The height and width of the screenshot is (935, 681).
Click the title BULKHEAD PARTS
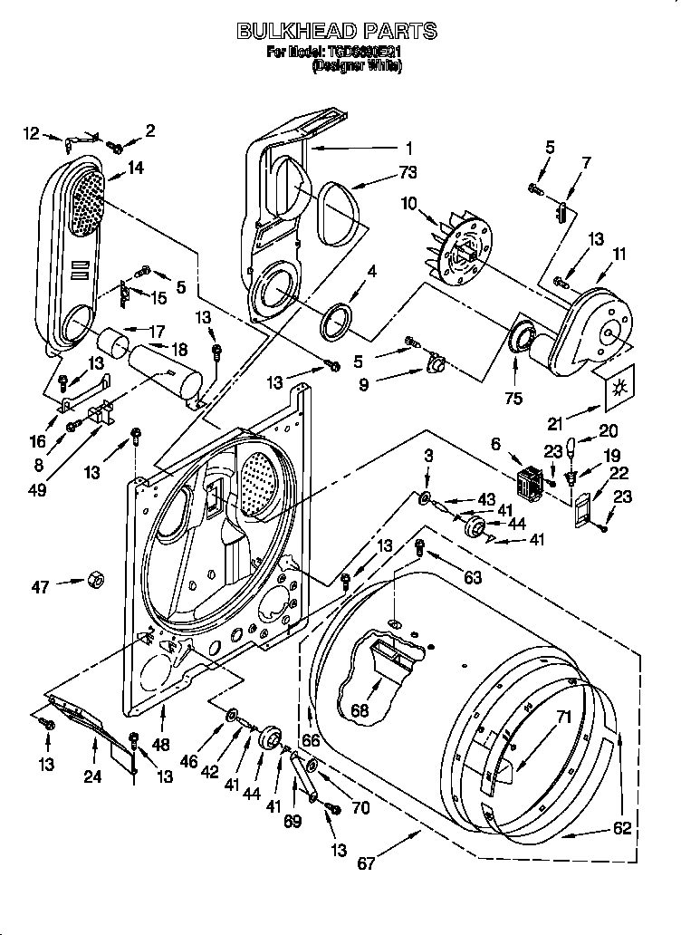point(337,32)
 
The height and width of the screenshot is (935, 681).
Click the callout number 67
point(365,863)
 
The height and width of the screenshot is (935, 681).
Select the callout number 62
point(621,827)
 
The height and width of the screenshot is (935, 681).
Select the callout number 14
point(136,167)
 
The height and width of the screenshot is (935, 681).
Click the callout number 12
point(32,134)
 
